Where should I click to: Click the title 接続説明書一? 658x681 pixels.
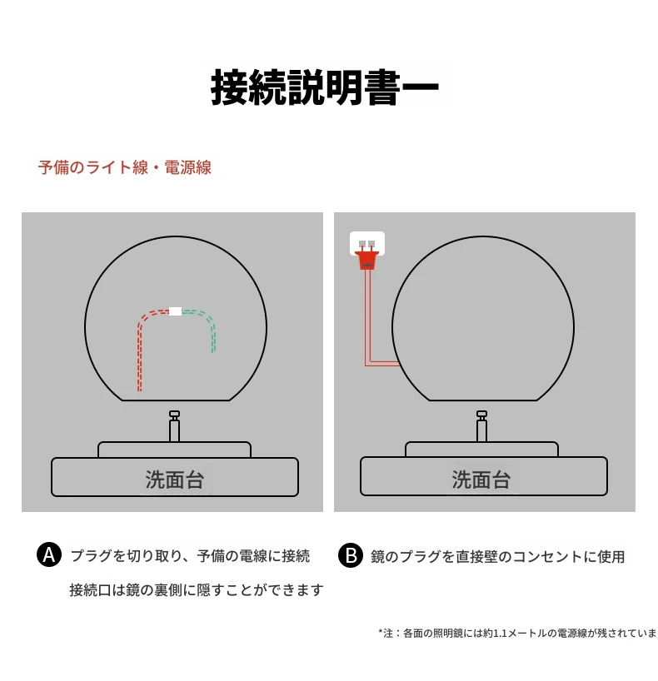pyautogui.click(x=325, y=87)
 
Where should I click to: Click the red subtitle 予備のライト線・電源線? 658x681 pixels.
pyautogui.click(x=125, y=167)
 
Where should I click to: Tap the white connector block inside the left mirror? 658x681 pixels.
pyautogui.click(x=175, y=311)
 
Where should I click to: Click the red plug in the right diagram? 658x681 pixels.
pyautogui.click(x=367, y=260)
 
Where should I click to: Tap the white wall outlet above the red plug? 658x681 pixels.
pyautogui.click(x=367, y=242)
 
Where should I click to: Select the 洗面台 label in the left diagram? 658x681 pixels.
pyautogui.click(x=175, y=480)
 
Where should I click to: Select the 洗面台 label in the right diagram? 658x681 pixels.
pyautogui.click(x=481, y=480)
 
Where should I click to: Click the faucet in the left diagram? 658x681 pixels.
pyautogui.click(x=174, y=426)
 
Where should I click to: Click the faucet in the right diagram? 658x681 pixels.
pyautogui.click(x=481, y=426)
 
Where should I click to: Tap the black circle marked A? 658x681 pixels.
pyautogui.click(x=49, y=554)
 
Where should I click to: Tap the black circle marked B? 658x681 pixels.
pyautogui.click(x=351, y=555)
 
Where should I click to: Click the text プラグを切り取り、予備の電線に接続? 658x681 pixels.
pyautogui.click(x=191, y=556)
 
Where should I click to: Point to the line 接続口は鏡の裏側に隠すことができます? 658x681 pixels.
pyautogui.click(x=197, y=589)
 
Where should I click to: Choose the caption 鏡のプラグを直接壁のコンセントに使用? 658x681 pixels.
pyautogui.click(x=497, y=556)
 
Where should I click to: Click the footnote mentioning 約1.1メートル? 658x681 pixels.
pyautogui.click(x=517, y=633)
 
